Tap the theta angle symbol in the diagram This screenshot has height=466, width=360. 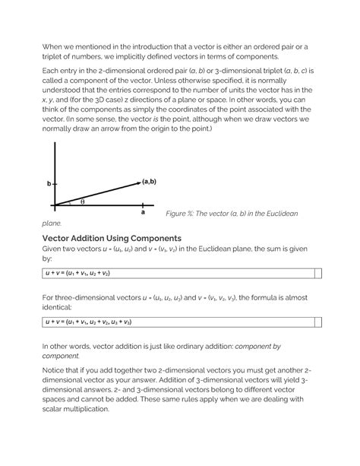[x=82, y=201]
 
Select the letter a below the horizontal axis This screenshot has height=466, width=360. [x=142, y=214]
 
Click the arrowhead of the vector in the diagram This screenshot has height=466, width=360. [x=137, y=183]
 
